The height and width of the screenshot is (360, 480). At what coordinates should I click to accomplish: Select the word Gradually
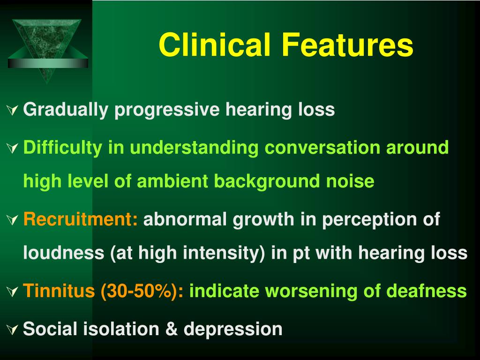[x=66, y=110]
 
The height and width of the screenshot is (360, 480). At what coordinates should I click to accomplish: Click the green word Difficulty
[x=63, y=148]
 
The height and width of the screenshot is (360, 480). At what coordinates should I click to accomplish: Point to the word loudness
[x=64, y=253]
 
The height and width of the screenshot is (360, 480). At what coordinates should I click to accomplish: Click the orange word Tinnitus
[x=59, y=290]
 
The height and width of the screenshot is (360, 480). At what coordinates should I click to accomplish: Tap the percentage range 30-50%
[x=139, y=291]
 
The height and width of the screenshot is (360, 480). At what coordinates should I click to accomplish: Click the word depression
[x=233, y=329]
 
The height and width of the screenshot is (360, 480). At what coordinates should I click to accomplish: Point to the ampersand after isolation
[x=172, y=329]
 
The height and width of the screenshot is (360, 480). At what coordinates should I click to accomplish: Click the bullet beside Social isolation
[x=13, y=330]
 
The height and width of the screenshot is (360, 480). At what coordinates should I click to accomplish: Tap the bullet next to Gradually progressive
[x=13, y=110]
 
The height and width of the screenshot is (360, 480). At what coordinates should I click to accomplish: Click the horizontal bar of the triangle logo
[x=48, y=63]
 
